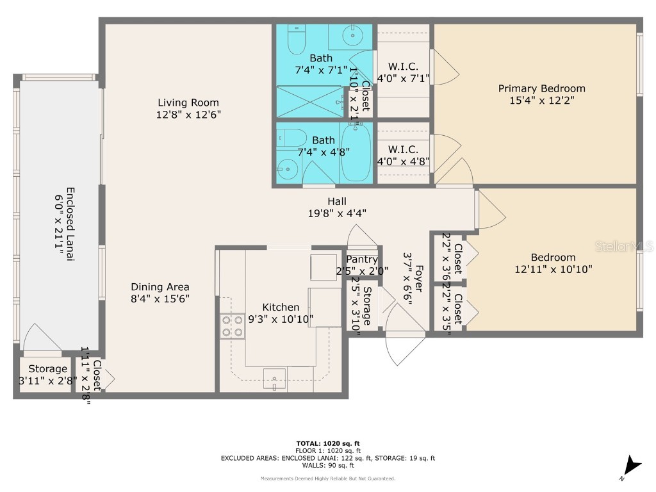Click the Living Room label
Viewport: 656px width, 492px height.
pyautogui.click(x=188, y=102)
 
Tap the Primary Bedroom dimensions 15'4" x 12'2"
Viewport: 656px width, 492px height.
pyautogui.click(x=541, y=101)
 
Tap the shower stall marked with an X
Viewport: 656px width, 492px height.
pyautogui.click(x=310, y=102)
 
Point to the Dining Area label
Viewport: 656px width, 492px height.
pyautogui.click(x=160, y=287)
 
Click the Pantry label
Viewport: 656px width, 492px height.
pyautogui.click(x=362, y=259)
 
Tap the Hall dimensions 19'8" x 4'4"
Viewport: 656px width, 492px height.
pyautogui.click(x=337, y=213)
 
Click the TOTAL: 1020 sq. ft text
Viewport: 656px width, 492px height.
pyautogui.click(x=328, y=443)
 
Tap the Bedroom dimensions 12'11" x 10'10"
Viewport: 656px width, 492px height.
pyautogui.click(x=553, y=270)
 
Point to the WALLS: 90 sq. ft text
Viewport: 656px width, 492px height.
pyautogui.click(x=328, y=466)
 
